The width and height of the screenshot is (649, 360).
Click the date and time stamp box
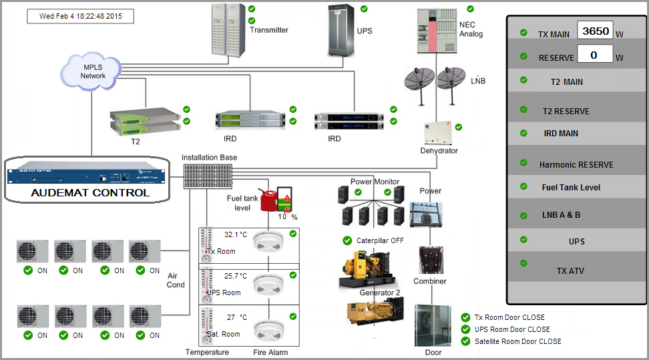[x=80, y=16]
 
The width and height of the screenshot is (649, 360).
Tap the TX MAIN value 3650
[x=594, y=31]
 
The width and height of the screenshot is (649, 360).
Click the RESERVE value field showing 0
[x=594, y=54]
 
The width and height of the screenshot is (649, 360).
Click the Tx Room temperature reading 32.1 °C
[x=235, y=235]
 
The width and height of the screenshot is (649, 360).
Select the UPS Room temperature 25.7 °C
[x=235, y=275]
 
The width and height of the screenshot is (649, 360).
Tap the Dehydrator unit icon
[x=438, y=133]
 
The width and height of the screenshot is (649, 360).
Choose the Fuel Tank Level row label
[x=571, y=188]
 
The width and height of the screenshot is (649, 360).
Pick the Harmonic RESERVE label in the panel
[x=576, y=164]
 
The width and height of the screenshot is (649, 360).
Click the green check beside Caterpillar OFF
[x=347, y=240]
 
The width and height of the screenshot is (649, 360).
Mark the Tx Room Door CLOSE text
[x=509, y=317]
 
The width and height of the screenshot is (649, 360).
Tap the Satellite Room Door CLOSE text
[x=517, y=341]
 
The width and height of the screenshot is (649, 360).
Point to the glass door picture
[x=433, y=325]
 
